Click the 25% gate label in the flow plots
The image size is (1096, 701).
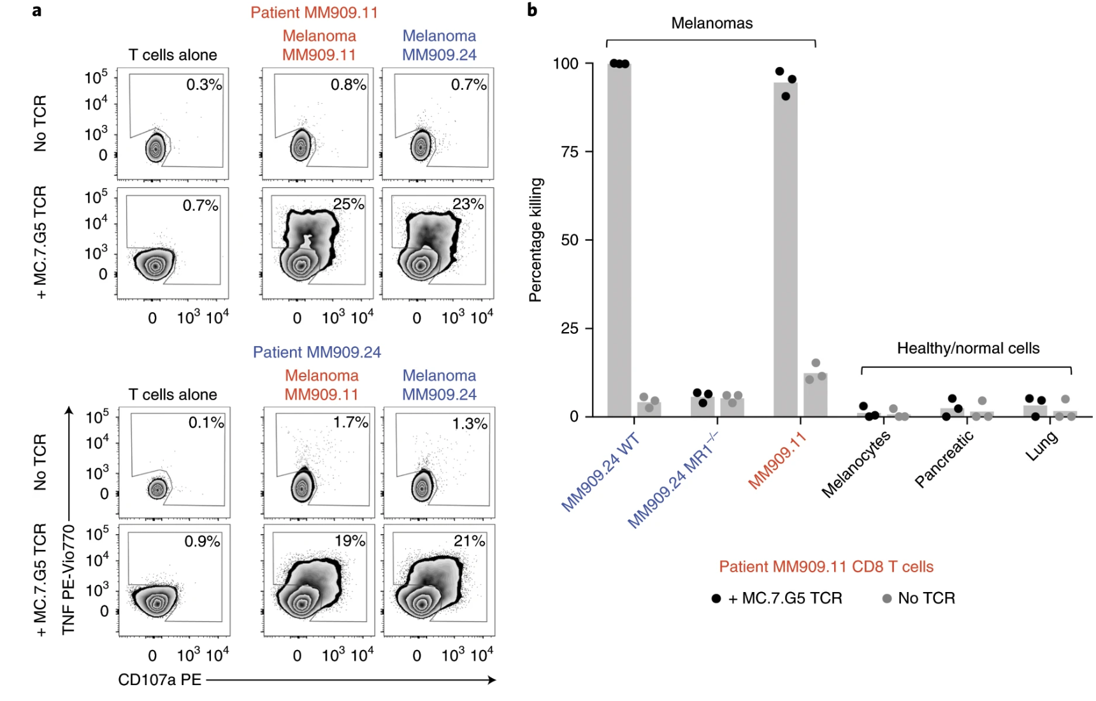349,204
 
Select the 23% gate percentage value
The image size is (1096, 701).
468,204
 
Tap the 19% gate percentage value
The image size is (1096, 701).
350,541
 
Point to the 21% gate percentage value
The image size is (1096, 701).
469,541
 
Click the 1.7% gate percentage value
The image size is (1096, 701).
350,423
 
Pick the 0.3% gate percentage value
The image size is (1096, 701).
204,85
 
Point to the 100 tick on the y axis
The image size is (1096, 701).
565,64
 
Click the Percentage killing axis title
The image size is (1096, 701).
535,240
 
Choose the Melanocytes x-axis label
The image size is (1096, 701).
855,464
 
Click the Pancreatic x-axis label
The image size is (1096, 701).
944,459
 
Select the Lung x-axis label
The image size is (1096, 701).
1041,446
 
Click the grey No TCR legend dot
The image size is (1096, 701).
886,598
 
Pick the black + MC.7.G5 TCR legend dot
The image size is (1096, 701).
716,598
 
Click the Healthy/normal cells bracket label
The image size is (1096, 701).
967,349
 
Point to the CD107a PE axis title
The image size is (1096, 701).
159,680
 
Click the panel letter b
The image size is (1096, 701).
532,10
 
